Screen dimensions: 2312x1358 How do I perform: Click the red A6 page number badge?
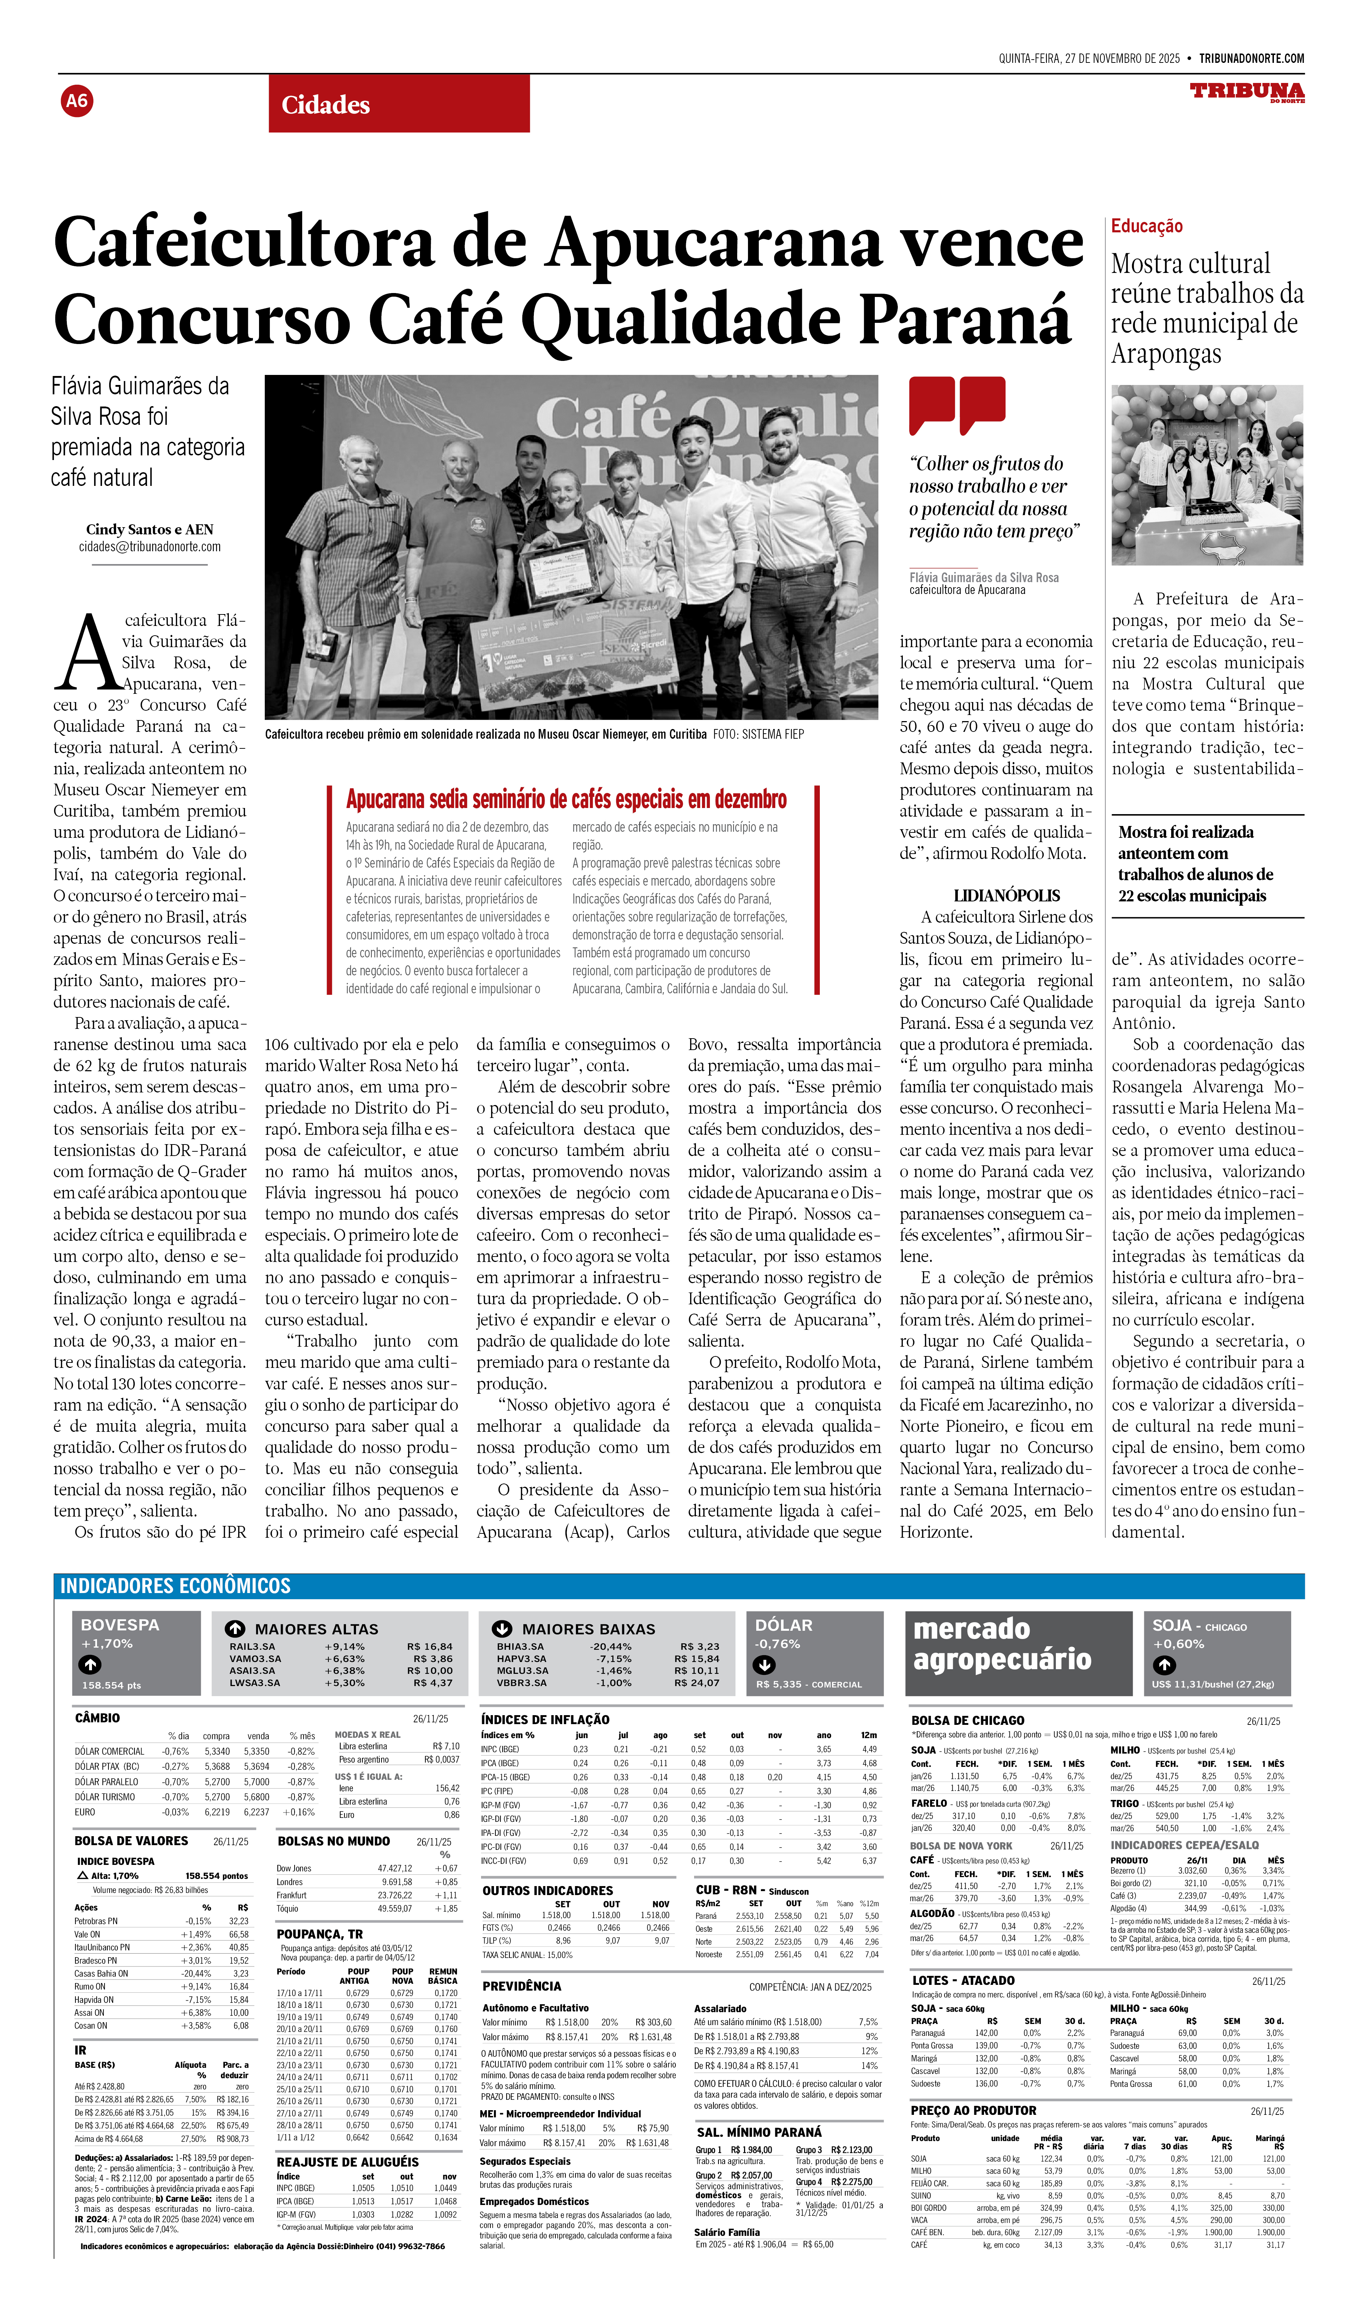coord(77,101)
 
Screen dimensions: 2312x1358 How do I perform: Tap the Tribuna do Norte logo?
coord(1247,92)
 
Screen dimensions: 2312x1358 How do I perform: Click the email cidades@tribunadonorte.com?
coord(149,547)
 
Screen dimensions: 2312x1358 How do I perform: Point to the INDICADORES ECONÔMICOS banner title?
coord(175,1586)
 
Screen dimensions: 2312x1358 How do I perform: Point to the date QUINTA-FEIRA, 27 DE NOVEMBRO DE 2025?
coord(1089,59)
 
